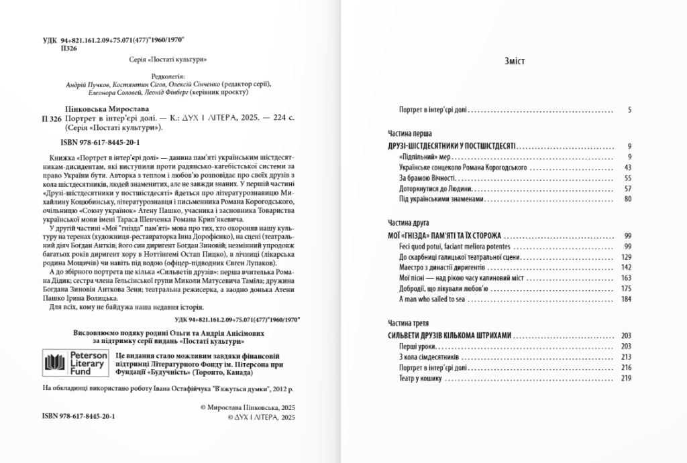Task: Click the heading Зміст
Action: (x=514, y=61)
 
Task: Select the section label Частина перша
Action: (x=409, y=133)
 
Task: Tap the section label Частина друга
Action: (x=409, y=222)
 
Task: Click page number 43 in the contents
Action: (x=627, y=167)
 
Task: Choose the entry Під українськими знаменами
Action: (x=440, y=200)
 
